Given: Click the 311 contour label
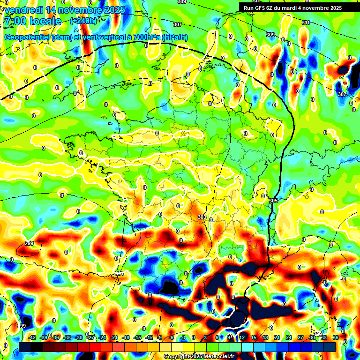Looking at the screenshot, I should click(x=306, y=22).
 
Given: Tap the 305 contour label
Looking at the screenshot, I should click(x=273, y=201).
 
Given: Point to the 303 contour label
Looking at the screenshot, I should click(x=202, y=217).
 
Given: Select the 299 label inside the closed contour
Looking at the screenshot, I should click(x=29, y=243).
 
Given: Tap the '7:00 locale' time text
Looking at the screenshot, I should click(x=32, y=21).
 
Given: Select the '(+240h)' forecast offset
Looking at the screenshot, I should click(x=83, y=21).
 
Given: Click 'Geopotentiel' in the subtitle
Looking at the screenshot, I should click(x=27, y=37).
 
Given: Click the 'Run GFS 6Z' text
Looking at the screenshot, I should click(x=259, y=8).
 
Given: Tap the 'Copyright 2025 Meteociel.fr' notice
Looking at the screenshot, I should click(x=198, y=357).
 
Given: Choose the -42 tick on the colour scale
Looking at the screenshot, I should click(x=32, y=337).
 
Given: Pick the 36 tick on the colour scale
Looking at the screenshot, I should click(x=335, y=337).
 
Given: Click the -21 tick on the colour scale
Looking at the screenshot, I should click(x=114, y=337).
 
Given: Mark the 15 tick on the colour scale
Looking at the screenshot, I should click(x=253, y=337).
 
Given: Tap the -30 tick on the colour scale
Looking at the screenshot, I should click(x=79, y=337).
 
